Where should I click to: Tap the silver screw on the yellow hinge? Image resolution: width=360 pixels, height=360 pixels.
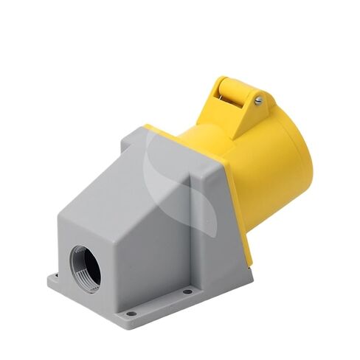coord(258,100)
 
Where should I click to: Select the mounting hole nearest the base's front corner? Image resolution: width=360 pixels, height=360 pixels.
coord(131,314)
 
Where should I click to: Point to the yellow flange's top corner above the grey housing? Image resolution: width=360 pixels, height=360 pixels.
coord(148,126)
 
